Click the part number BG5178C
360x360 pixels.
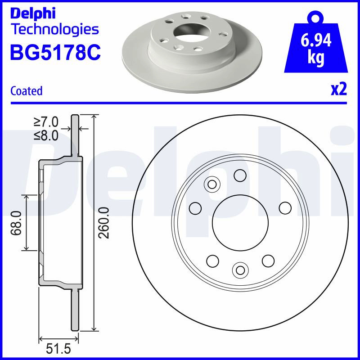pos(55,52)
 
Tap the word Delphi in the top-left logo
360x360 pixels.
pos(33,13)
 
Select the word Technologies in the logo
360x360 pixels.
pos(55,30)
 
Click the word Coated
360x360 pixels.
pos(27,91)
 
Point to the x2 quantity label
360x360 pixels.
pos(339,89)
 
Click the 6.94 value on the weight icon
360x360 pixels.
pos(316,40)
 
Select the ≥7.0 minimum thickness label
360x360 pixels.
pos(46,121)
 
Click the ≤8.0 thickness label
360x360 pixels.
pos(46,135)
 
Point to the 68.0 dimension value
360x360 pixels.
pos(16,223)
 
